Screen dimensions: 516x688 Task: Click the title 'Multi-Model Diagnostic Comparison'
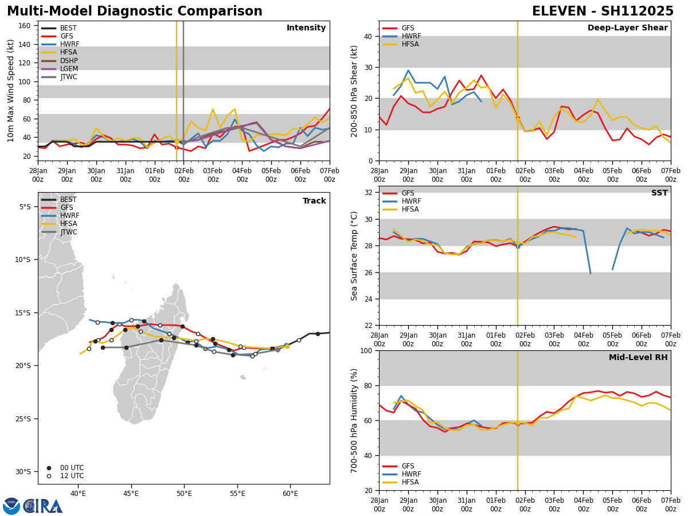135,11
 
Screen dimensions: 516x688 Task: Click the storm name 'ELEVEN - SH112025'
603,11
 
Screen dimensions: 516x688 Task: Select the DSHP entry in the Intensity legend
69,61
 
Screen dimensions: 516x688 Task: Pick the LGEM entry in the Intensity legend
69,69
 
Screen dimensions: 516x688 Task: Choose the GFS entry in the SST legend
408,193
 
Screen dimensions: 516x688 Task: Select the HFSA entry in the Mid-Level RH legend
410,482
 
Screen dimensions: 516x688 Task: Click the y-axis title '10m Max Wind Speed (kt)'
11,91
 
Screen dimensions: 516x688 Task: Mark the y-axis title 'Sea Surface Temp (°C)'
354,256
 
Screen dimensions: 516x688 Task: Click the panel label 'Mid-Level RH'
638,358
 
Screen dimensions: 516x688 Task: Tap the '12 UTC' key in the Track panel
72,476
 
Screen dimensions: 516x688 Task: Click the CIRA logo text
43,506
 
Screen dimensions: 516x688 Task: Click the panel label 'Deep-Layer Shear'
627,28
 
